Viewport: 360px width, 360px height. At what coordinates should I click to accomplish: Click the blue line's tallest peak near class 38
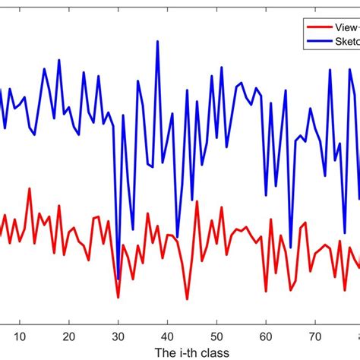157,41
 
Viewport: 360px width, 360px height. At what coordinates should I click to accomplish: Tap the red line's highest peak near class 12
30,188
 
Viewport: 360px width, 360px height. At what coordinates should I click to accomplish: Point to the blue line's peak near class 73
330,70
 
